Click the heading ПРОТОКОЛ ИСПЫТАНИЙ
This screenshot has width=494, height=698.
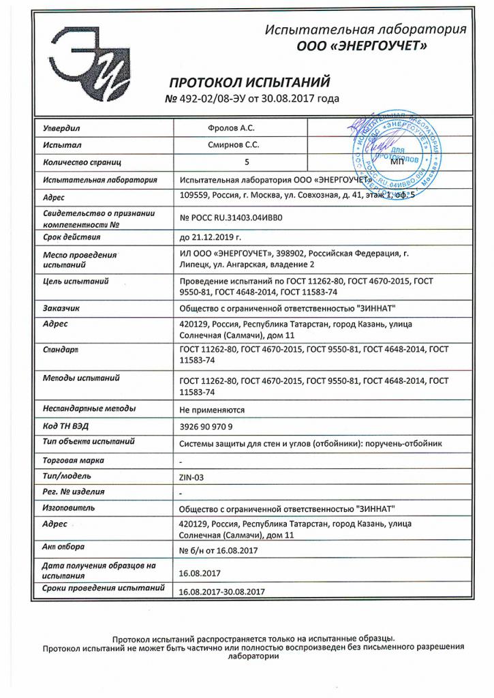[x=249, y=82]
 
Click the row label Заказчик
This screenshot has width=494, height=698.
[x=61, y=308]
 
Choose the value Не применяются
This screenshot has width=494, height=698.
[x=211, y=410]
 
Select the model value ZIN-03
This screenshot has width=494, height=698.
[x=191, y=476]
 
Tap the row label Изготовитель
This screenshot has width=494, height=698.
[x=68, y=509]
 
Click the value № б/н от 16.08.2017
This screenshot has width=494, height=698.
[x=217, y=549]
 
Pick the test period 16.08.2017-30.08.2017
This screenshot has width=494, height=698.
[x=221, y=592]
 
